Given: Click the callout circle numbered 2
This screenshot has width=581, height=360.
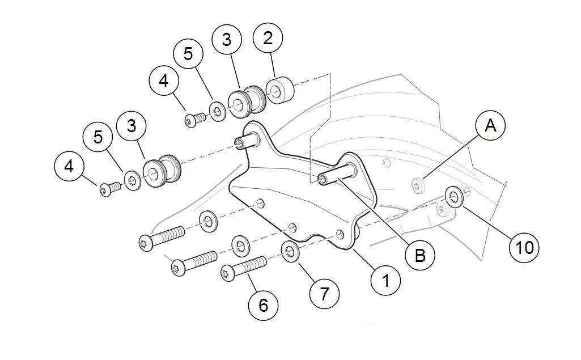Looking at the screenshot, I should tap(269, 39).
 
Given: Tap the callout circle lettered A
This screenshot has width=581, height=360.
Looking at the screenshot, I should tap(491, 126).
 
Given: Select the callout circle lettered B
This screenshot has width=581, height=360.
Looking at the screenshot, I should tap(419, 255).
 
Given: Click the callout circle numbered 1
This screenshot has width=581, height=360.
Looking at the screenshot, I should tap(385, 280).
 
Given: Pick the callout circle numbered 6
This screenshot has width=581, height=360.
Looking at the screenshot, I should tap(263, 306).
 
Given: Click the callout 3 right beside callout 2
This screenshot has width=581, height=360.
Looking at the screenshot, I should tap(226, 40).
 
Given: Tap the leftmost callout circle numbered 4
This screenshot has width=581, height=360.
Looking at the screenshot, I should tap(69, 167).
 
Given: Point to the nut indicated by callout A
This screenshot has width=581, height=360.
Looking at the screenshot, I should tap(418, 184).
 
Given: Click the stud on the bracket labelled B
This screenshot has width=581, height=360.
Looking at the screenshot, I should tap(334, 173).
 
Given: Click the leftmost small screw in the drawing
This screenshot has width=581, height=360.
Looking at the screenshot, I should tap(109, 189).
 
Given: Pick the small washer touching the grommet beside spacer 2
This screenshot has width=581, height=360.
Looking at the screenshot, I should tap(217, 110).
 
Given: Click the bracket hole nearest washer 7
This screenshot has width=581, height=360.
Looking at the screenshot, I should tap(340, 234).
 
